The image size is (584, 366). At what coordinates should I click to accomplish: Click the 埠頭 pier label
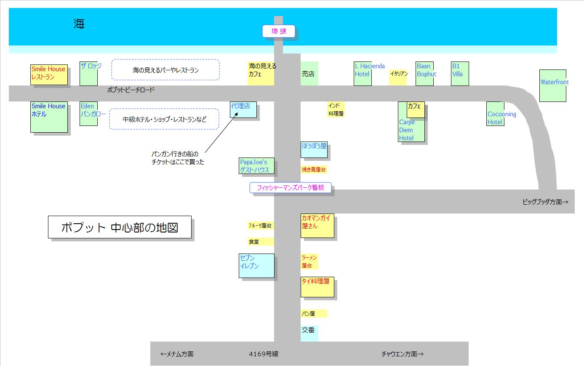(278, 31)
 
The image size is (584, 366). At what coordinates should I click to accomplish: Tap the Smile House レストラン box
(49, 75)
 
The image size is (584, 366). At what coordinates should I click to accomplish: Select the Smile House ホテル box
(49, 117)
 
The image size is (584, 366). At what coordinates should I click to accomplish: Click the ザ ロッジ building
(89, 74)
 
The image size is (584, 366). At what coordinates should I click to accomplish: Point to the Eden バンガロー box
(89, 114)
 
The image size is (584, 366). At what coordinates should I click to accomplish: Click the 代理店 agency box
(243, 110)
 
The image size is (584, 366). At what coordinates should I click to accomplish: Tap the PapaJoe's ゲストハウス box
(256, 166)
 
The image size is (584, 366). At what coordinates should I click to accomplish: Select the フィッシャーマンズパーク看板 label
(291, 188)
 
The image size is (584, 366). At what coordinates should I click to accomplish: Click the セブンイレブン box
(256, 265)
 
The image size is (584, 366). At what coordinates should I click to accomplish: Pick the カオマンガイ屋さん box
(317, 226)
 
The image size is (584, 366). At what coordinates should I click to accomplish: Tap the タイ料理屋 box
(317, 287)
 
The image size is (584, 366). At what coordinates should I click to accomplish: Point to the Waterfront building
(552, 86)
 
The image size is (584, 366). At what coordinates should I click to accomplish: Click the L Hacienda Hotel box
(363, 74)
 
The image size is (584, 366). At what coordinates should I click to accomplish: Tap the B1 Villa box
(460, 74)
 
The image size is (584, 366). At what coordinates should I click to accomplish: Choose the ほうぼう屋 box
(314, 150)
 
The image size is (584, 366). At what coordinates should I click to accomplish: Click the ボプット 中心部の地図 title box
(120, 227)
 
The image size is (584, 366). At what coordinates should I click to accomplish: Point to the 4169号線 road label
(264, 354)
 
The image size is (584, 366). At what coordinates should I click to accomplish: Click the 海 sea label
(79, 24)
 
